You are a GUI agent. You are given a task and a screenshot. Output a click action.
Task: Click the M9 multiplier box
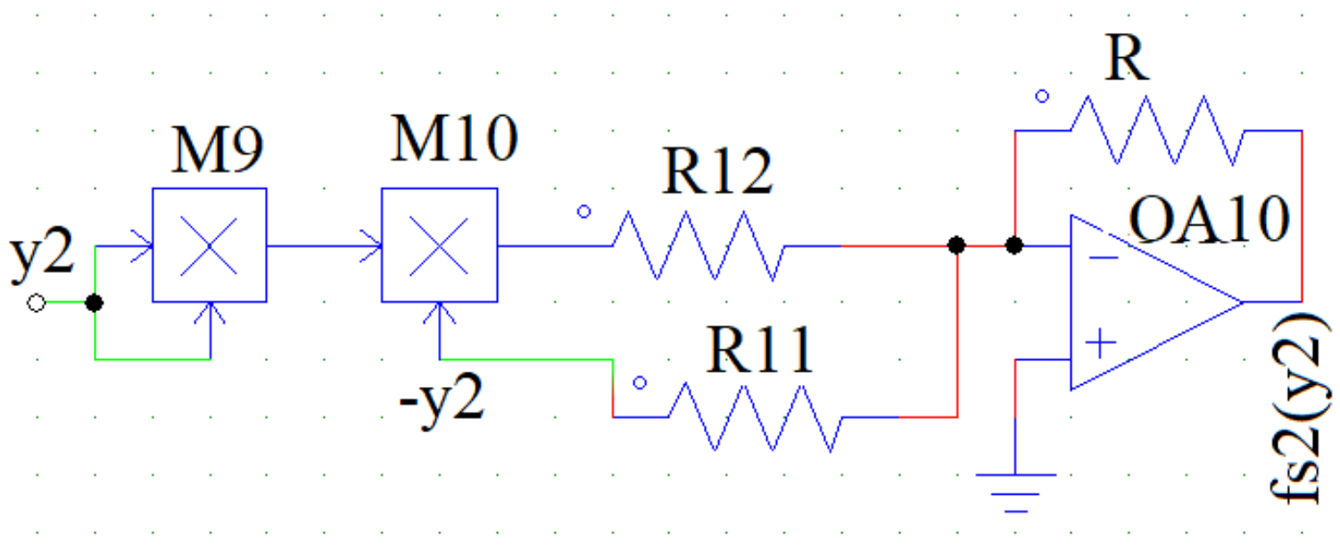click(x=209, y=245)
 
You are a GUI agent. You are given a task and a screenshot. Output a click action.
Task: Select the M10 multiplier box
click(x=439, y=245)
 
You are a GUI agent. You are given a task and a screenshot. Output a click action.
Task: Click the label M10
click(x=453, y=140)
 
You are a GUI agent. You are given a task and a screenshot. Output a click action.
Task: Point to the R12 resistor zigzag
click(x=699, y=245)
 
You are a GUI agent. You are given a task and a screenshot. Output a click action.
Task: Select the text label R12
click(x=717, y=174)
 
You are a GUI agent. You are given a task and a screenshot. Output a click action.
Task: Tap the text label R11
click(x=760, y=351)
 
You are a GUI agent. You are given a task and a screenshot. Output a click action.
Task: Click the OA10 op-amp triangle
click(x=1142, y=302)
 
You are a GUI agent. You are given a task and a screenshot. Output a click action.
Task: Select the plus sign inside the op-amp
click(x=1104, y=342)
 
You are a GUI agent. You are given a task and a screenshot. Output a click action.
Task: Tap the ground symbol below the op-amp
click(x=1016, y=490)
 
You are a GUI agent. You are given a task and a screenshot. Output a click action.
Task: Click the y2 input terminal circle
click(x=36, y=303)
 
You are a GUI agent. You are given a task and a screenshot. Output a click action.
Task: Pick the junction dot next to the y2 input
click(x=95, y=303)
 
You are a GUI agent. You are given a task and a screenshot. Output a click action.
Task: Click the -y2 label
click(x=442, y=402)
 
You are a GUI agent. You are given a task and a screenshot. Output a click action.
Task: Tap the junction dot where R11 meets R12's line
click(x=956, y=245)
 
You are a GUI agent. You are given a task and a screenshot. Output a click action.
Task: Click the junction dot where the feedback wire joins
click(x=1014, y=245)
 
